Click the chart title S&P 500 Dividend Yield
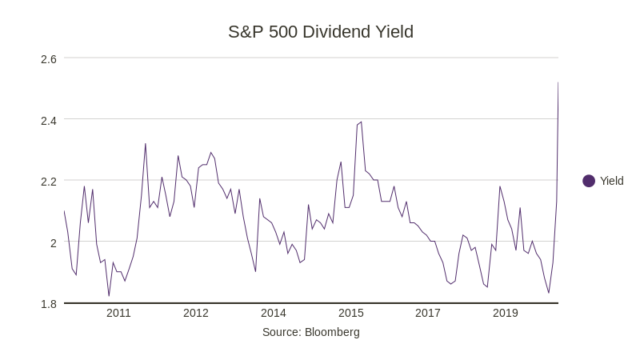(x=320, y=32)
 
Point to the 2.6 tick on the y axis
(x=49, y=58)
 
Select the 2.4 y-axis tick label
(x=49, y=120)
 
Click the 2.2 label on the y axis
(x=49, y=181)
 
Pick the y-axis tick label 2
(x=54, y=242)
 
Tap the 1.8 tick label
(x=49, y=304)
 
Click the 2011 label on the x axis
(x=118, y=313)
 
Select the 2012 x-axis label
(x=196, y=313)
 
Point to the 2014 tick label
(x=273, y=313)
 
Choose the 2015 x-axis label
(x=350, y=313)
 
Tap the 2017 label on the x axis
(x=428, y=313)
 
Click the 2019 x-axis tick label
(x=505, y=313)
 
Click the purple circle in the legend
(x=589, y=181)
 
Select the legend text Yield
(x=612, y=181)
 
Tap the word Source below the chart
(x=281, y=332)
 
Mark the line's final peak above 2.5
(x=558, y=82)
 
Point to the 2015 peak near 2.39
(x=361, y=122)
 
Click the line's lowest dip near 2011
(x=109, y=296)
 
